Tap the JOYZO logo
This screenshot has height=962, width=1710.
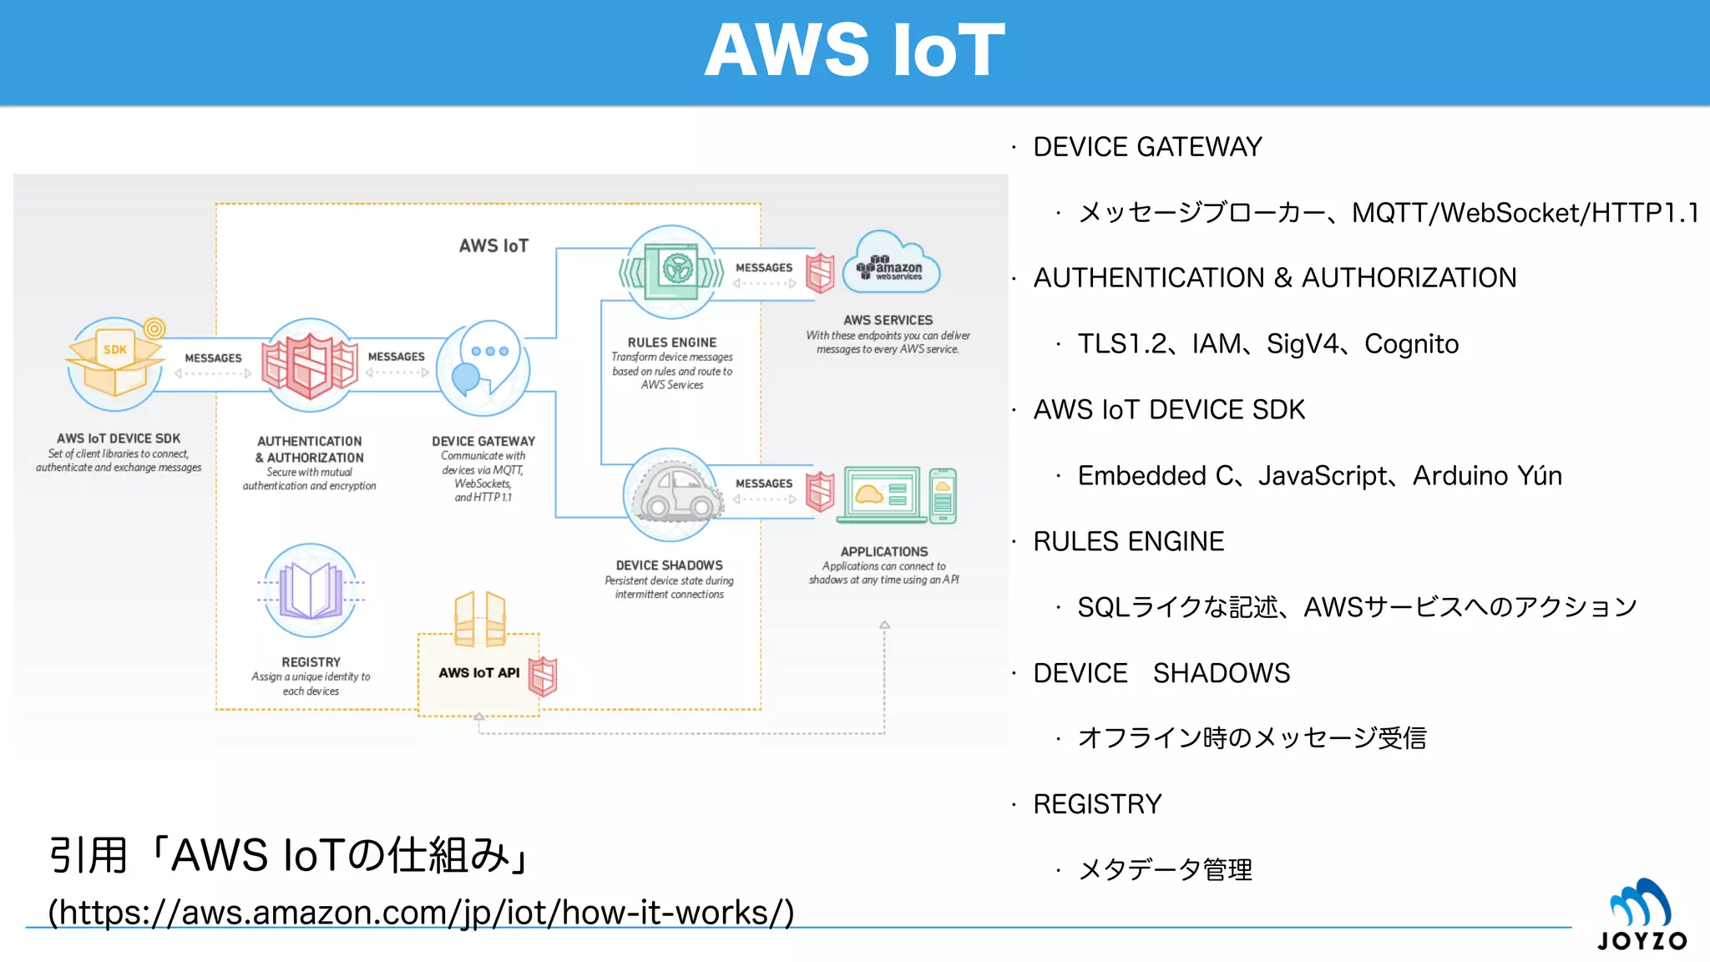[x=1642, y=915]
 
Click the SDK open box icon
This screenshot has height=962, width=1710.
[x=114, y=365]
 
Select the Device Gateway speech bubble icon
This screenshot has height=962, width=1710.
[x=484, y=368]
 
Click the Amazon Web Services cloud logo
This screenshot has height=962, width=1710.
[x=891, y=264]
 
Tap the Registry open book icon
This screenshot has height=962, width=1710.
[x=311, y=590]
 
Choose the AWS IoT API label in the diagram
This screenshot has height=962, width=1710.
[x=478, y=673]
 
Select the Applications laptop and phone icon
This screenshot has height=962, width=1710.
[x=897, y=496]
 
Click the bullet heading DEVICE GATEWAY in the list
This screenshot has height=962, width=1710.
[x=1147, y=147]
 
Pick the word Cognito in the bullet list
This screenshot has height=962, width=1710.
[x=1411, y=344]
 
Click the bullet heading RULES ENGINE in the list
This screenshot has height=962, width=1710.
[x=1128, y=542]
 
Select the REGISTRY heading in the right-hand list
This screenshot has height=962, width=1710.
[x=1097, y=804]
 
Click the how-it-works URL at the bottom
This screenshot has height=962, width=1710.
[x=421, y=913]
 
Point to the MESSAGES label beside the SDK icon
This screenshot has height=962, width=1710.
[x=213, y=358]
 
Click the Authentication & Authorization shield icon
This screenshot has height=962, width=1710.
[x=310, y=366]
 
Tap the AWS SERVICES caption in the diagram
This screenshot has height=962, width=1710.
[x=888, y=321]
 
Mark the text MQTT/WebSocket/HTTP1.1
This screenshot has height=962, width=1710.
[x=1525, y=213]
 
